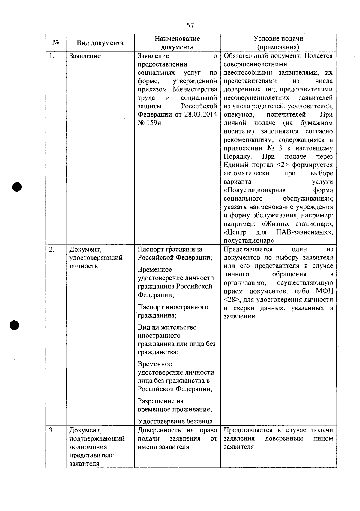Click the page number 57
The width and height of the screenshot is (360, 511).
coord(190,25)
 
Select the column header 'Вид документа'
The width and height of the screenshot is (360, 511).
coord(100,43)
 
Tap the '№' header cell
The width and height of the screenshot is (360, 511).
coord(56,43)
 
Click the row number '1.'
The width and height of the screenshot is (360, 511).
coord(52,56)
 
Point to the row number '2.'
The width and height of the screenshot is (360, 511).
coord(52,250)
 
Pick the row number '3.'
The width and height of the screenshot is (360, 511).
coord(52,430)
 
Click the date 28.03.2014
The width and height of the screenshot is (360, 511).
coord(201,115)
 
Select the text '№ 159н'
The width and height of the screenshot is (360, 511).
coord(149,123)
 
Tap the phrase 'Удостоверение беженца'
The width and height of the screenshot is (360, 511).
coord(175,421)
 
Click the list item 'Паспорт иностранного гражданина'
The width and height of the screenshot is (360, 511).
coord(173,311)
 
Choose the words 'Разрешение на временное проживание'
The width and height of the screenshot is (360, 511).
coord(175,405)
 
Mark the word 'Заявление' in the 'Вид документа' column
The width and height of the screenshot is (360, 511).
coord(85,56)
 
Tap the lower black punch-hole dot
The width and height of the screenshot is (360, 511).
coord(14,325)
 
